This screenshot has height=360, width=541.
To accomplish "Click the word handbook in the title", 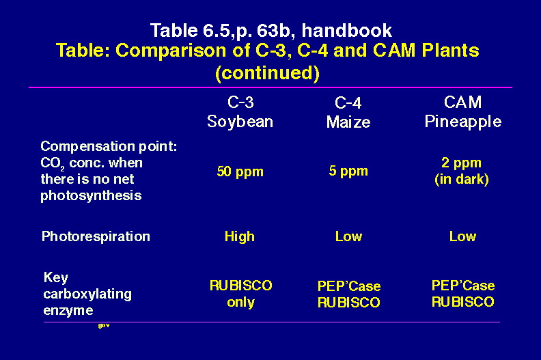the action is [347, 30].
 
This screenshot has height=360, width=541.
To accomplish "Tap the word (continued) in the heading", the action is [267, 73].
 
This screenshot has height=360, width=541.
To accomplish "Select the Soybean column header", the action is [240, 122].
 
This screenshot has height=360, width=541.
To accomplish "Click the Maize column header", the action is [348, 122].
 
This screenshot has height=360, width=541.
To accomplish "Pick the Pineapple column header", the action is [462, 122].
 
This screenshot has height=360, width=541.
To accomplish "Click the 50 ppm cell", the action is [240, 171].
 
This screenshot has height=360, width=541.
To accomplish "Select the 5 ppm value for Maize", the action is [348, 171].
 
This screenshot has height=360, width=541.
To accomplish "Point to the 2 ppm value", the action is [461, 163].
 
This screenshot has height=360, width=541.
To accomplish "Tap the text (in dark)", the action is [462, 179].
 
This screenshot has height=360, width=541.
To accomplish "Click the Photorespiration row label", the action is [96, 236].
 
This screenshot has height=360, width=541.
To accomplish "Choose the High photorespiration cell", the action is [240, 237].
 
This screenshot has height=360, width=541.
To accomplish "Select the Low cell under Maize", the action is [348, 237].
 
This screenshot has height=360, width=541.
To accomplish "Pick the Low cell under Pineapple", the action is [462, 237].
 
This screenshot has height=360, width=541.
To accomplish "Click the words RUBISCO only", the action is [241, 294].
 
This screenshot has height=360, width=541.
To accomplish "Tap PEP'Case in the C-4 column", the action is [349, 286].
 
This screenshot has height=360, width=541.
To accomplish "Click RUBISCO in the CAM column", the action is [463, 302].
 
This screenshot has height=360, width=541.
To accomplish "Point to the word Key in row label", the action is [56, 278].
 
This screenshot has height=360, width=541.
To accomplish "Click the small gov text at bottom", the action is [104, 325].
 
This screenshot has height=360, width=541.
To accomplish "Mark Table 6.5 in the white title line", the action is [190, 30].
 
